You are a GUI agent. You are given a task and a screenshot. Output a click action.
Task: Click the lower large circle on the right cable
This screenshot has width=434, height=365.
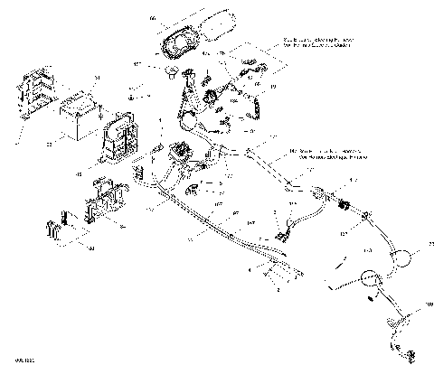[x=369, y=280]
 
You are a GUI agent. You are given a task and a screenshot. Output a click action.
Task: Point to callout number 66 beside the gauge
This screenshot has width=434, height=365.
[x=151, y=18]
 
